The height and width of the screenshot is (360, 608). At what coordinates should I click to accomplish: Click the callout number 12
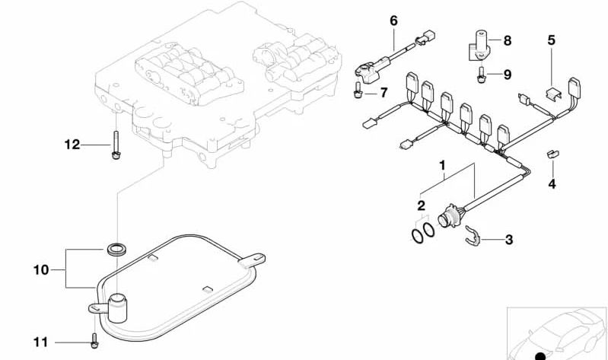(72, 145)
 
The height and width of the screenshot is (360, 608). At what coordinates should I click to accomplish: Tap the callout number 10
(41, 269)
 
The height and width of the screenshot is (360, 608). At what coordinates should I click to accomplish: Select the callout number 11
(41, 342)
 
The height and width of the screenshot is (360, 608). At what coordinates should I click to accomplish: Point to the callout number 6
(393, 21)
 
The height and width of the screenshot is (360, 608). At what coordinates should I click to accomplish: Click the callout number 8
(508, 40)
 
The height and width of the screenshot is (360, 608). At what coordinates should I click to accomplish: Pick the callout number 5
(552, 40)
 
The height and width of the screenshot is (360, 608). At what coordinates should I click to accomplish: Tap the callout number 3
(509, 240)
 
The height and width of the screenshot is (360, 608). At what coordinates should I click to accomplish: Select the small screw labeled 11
(94, 341)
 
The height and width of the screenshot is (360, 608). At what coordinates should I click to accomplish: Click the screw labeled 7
(358, 90)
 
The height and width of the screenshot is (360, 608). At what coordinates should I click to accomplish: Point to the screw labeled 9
(481, 75)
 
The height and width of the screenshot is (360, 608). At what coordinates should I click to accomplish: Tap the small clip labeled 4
(552, 154)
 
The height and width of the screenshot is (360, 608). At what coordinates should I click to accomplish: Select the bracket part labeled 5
(554, 94)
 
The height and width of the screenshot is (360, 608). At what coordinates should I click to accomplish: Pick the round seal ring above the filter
(115, 249)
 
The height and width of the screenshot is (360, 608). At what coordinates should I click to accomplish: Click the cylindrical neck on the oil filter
(117, 308)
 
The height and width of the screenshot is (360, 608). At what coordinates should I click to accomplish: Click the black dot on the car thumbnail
(540, 356)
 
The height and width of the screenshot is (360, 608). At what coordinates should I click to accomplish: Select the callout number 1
(442, 166)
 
